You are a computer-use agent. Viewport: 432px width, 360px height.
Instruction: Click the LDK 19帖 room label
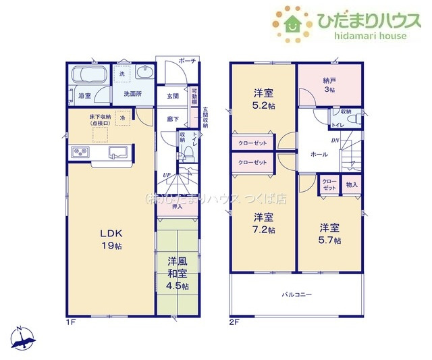(111, 240)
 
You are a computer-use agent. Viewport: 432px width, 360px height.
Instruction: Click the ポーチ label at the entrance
(188, 61)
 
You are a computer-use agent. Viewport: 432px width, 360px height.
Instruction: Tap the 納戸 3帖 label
(329, 84)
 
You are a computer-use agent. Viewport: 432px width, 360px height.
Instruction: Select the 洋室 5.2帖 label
(263, 98)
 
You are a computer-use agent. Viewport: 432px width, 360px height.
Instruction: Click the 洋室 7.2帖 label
(263, 223)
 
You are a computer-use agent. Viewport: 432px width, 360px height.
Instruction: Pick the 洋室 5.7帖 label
(329, 234)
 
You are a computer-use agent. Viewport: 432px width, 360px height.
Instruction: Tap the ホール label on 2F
(319, 155)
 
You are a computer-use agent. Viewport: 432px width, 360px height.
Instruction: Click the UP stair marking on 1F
(165, 176)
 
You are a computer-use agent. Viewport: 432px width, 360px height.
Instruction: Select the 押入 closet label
(178, 208)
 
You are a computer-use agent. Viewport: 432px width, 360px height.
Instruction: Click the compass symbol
(22, 336)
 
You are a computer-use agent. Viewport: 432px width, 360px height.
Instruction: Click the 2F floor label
(234, 321)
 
